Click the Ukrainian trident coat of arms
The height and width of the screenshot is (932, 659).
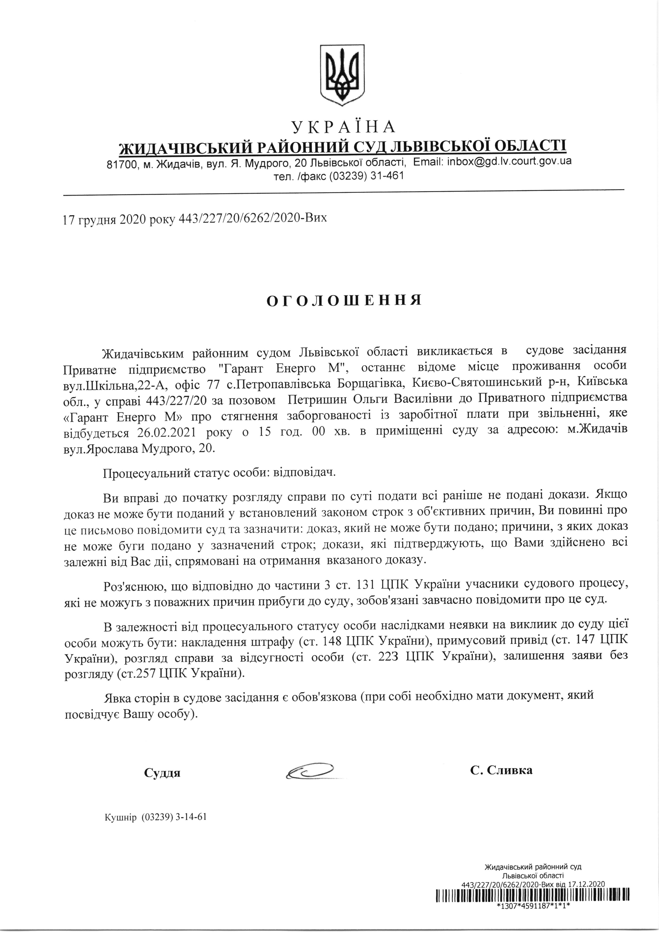[x=342, y=75]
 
